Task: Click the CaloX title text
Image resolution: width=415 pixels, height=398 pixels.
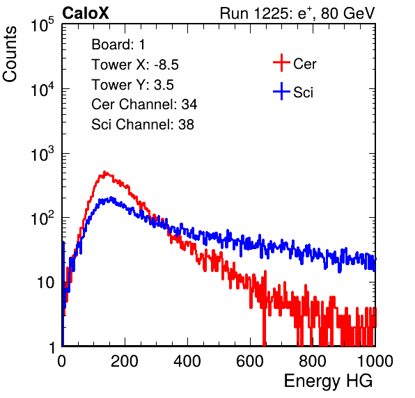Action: (x=85, y=13)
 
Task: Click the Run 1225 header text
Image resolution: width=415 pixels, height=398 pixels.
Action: (x=297, y=13)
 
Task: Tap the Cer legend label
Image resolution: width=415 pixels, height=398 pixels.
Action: (x=304, y=64)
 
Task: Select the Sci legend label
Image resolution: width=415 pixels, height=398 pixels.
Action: (x=303, y=92)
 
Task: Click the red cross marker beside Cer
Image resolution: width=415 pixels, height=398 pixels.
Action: (x=281, y=63)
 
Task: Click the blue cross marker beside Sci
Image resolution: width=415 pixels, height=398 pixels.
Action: (x=281, y=91)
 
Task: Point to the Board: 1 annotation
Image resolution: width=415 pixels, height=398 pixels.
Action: (x=118, y=45)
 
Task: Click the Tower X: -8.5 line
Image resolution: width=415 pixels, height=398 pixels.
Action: (x=135, y=65)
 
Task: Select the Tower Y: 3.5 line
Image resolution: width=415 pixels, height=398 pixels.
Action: (x=132, y=85)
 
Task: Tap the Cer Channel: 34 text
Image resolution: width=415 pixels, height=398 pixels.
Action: (x=144, y=104)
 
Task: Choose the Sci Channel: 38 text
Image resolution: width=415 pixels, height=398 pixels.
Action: (x=143, y=125)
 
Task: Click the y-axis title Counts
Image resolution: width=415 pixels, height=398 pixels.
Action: (x=10, y=54)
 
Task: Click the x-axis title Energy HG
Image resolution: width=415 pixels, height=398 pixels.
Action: (x=328, y=381)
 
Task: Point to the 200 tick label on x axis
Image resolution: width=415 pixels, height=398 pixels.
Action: (x=125, y=361)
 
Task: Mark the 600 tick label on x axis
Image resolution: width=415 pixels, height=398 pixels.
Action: (x=250, y=361)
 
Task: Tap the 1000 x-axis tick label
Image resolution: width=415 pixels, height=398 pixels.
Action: (x=375, y=361)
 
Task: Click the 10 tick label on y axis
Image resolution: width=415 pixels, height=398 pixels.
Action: (x=46, y=282)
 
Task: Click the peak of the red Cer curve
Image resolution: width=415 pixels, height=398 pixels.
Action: (x=104, y=172)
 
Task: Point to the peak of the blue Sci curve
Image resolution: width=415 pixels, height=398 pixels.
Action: (x=111, y=198)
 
